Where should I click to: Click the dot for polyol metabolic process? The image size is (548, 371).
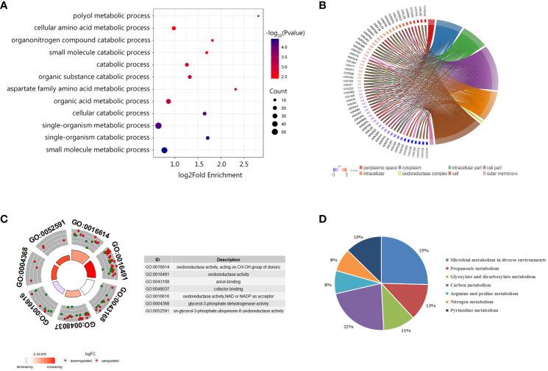click(x=258, y=15)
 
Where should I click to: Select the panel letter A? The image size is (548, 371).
click(x=7, y=6)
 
